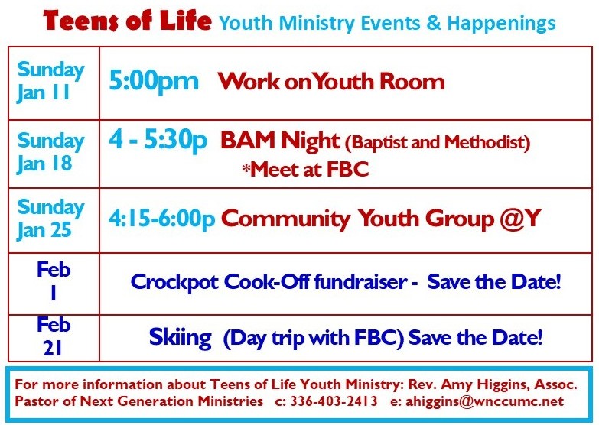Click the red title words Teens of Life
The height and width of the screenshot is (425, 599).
coord(127,21)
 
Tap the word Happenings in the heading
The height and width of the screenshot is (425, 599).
coord(501,24)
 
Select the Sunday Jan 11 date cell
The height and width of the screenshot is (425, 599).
coord(54,83)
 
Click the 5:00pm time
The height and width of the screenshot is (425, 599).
coord(154,81)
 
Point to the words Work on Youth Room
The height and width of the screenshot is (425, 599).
coord(331,81)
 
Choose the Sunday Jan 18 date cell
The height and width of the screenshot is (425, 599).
coord(54,154)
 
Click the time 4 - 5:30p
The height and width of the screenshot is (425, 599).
coord(158,140)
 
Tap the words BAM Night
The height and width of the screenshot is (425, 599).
coord(280,140)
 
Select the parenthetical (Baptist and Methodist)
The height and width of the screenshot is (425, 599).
coord(438,142)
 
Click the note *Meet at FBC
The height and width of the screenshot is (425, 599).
coord(305,169)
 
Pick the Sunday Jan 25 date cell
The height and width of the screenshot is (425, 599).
coord(54,220)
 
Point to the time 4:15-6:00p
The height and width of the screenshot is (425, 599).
coord(162,219)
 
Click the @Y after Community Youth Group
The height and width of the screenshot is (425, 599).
coord(520,219)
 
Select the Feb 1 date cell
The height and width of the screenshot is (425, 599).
coord(54,284)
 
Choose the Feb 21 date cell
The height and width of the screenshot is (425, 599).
coord(54,338)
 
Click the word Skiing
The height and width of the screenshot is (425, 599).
coord(180,338)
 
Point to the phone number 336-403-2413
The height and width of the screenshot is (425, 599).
coord(334,401)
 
